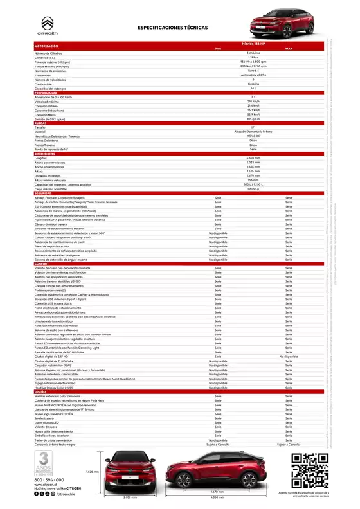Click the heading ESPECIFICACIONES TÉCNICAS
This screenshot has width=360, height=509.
(x=170, y=28)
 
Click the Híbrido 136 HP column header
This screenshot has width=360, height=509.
(x=252, y=43)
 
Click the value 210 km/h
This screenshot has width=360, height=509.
(x=253, y=102)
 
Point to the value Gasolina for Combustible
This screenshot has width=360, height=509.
(x=253, y=84)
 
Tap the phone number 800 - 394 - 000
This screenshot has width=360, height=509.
(x=50, y=479)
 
